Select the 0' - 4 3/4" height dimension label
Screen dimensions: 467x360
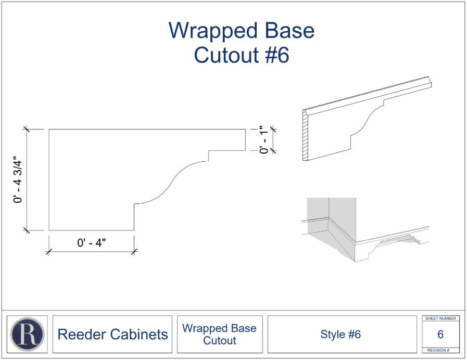[18, 179]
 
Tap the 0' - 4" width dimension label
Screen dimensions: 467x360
[92, 243]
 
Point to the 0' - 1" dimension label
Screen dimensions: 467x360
[264, 139]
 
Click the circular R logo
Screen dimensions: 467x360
[27, 335]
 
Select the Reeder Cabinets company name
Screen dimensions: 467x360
[112, 334]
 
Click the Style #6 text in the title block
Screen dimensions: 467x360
[340, 334]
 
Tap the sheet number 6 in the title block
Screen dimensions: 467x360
[440, 335]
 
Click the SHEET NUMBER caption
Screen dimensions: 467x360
[440, 318]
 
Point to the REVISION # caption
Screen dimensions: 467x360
[438, 350]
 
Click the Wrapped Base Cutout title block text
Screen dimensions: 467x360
[220, 334]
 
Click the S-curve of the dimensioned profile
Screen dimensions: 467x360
[171, 183]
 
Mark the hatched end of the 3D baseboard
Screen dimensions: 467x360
[305, 135]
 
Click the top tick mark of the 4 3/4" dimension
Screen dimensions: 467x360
[27, 129]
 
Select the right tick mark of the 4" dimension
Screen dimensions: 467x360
[134, 252]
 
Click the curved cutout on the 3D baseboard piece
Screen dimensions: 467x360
[367, 119]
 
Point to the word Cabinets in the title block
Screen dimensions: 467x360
[139, 334]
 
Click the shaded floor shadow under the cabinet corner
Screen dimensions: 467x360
[331, 241]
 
